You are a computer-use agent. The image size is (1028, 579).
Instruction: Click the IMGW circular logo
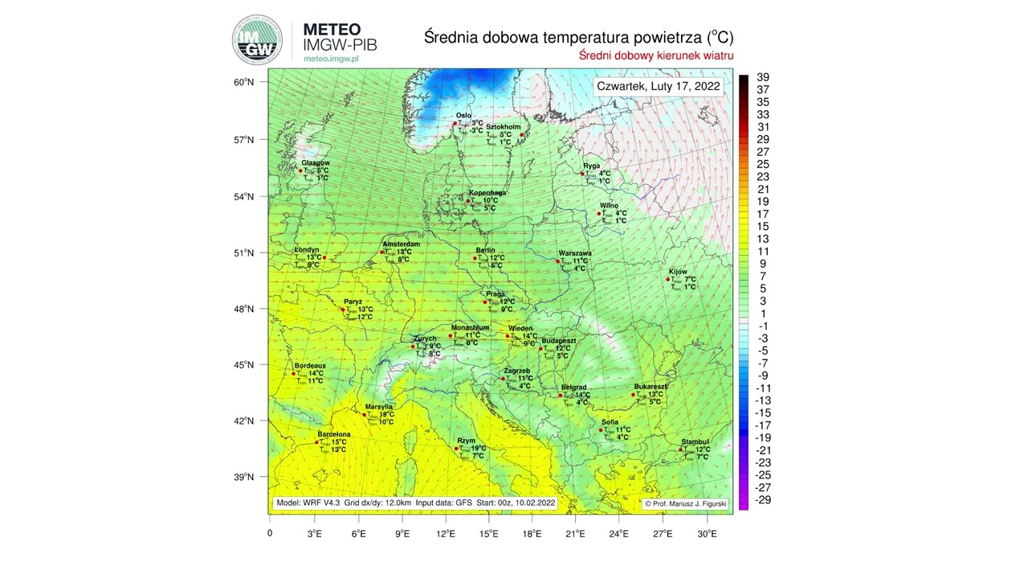[x=257, y=39]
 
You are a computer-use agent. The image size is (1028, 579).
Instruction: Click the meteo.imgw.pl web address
[x=331, y=59]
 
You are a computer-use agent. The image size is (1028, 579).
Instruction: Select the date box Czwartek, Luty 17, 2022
[x=659, y=86]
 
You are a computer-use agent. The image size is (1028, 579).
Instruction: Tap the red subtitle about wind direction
[x=656, y=55]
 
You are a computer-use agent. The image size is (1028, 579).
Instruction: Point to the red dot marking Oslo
[x=455, y=123]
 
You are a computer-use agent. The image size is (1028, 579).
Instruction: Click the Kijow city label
[x=678, y=272]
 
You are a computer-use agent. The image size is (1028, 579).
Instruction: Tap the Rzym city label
[x=467, y=441]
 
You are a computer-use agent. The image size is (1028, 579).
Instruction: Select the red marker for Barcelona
[x=316, y=441]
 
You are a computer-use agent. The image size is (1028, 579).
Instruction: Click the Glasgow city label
[x=315, y=162]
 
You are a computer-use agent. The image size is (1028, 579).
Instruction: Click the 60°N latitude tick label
[x=244, y=82]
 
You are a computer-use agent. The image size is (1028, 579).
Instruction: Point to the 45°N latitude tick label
[x=244, y=365]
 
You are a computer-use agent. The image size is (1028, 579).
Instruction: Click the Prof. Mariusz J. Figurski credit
[x=683, y=503]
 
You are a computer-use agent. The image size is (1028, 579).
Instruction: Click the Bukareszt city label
[x=651, y=386]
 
